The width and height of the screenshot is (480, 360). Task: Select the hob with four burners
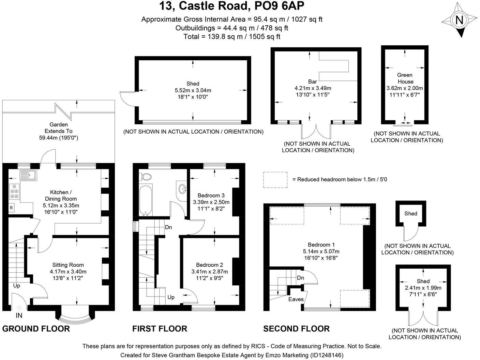coord(15,191)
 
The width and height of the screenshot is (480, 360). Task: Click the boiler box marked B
coord(11,207)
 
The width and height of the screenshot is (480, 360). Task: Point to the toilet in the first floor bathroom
coord(146,177)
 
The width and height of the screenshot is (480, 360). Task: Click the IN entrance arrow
coord(19,309)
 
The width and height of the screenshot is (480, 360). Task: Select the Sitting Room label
coord(68,265)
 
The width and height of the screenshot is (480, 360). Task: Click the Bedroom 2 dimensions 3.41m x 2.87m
coord(209,272)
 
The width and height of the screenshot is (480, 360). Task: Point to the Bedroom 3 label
coord(211,195)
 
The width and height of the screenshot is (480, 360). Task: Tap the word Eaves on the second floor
coord(296,299)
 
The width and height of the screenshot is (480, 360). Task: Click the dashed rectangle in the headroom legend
coord(275,180)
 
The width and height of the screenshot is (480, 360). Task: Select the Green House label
coord(405,78)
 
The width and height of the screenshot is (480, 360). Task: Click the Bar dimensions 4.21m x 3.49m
coord(313,88)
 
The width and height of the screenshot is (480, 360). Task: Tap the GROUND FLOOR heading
coord(36,329)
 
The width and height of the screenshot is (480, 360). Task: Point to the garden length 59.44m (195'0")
coord(59,138)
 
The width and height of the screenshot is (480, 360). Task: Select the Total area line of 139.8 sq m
coord(232,36)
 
